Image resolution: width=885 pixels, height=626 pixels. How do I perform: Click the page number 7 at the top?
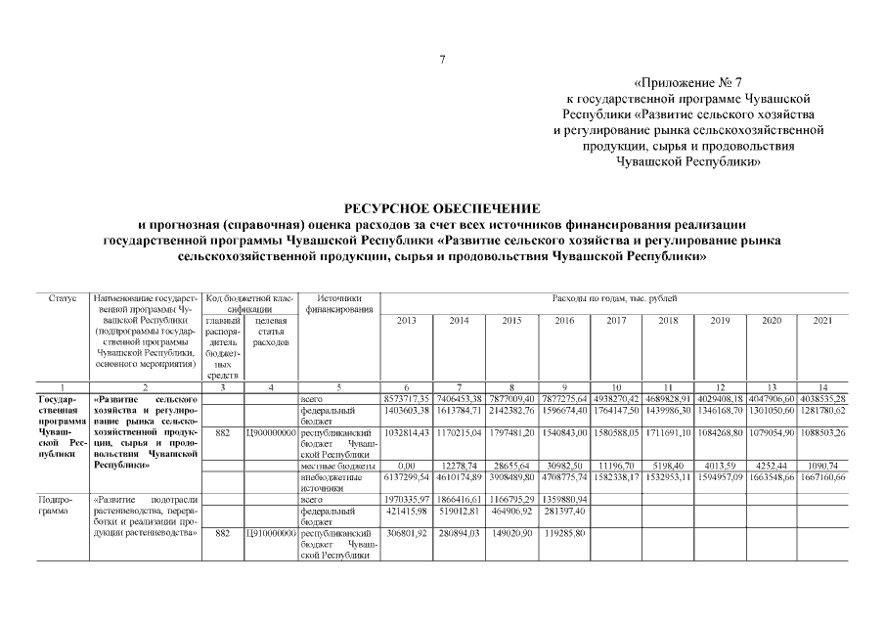[442, 61]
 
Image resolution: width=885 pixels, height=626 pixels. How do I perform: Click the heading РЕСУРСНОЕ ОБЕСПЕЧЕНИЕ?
[442, 208]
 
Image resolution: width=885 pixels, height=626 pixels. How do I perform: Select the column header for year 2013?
[406, 320]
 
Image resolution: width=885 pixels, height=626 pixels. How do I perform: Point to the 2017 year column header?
[616, 320]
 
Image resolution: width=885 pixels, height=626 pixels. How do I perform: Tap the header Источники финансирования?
[337, 303]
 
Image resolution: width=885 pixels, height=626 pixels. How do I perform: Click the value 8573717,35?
[406, 399]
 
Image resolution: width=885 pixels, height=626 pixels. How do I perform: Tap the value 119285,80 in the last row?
[563, 534]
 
